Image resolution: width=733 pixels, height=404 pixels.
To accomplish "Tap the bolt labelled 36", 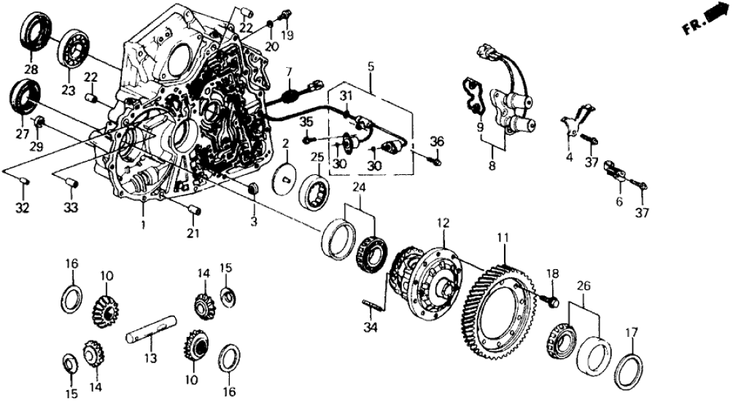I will (x=436, y=163).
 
